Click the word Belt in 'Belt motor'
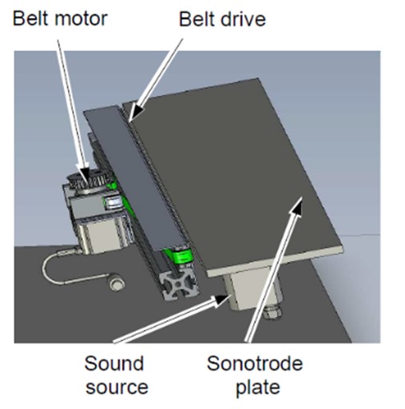tap(31, 18)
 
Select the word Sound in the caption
tap(114, 363)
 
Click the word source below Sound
tap(117, 387)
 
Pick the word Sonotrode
tap(255, 363)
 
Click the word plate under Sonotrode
tap(258, 388)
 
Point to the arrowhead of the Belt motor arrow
tap(84, 177)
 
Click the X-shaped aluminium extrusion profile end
tap(179, 287)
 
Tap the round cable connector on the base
tap(116, 284)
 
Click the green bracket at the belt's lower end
tap(181, 256)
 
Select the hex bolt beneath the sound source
tap(272, 312)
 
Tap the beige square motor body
tap(100, 236)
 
